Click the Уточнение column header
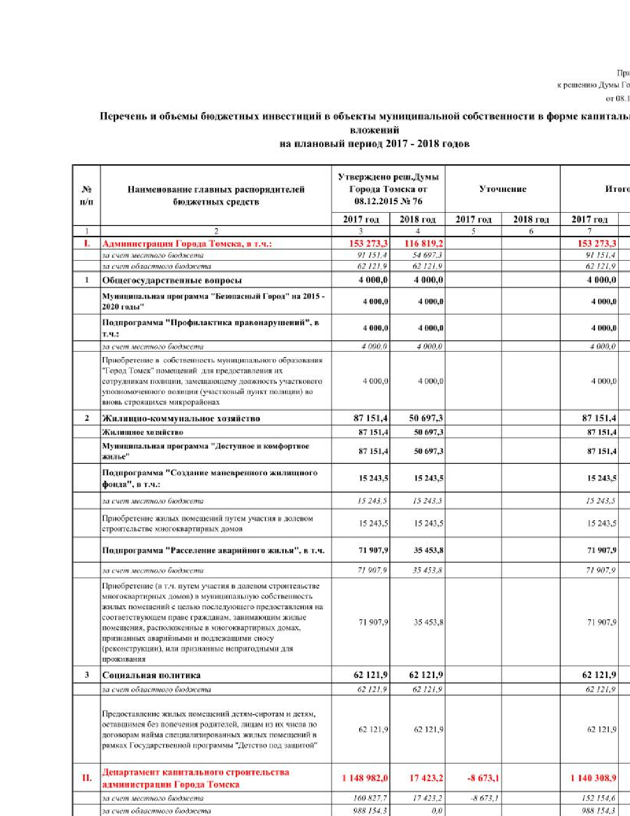pyautogui.click(x=503, y=189)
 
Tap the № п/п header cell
pyautogui.click(x=86, y=195)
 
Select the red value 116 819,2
pyautogui.click(x=418, y=243)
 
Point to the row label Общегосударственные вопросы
pyautogui.click(x=172, y=280)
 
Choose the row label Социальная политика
pyautogui.click(x=151, y=675)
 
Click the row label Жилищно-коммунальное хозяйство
pyautogui.click(x=181, y=418)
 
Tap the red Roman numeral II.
pyautogui.click(x=86, y=778)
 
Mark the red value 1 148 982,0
pyautogui.click(x=365, y=778)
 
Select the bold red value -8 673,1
pyautogui.click(x=483, y=778)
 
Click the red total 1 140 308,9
pyautogui.click(x=593, y=778)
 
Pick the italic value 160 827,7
pyautogui.click(x=370, y=798)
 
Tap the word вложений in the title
pyautogui.click(x=374, y=130)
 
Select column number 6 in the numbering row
pyautogui.click(x=531, y=231)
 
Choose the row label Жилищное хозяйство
pyautogui.click(x=142, y=432)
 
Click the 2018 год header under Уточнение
pyautogui.click(x=531, y=219)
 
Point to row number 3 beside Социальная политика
pyautogui.click(x=86, y=675)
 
